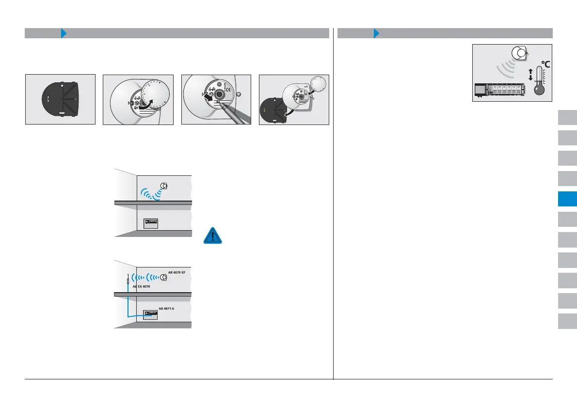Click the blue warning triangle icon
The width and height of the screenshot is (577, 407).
pos(212,235)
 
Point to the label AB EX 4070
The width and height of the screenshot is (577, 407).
pos(141,287)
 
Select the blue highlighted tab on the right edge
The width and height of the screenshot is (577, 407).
pos(567,199)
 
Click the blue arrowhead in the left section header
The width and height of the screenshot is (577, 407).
pos(64,33)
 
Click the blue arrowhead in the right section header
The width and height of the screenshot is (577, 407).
pos(376,33)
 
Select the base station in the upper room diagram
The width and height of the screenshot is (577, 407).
pos(151,223)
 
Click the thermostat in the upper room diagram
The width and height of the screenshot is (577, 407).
pos(164,186)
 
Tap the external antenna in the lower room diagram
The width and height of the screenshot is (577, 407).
pos(128,280)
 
